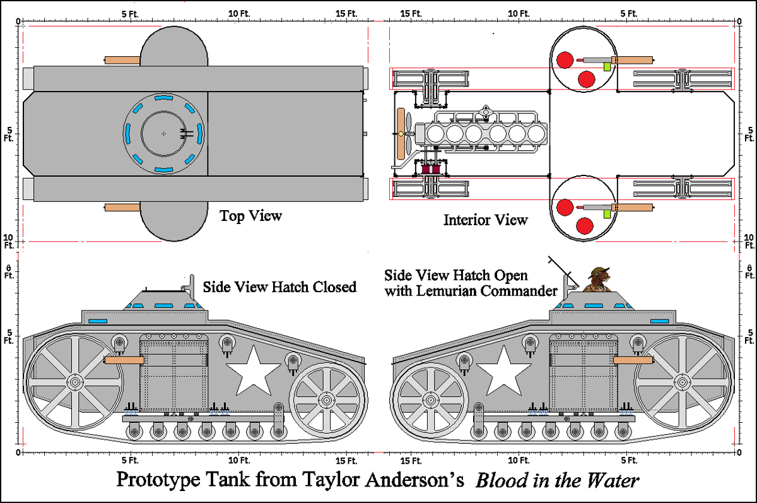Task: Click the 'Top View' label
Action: click(250, 216)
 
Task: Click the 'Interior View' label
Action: click(485, 220)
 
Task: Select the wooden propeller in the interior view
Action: click(400, 134)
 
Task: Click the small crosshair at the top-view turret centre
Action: click(163, 134)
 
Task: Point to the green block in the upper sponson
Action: click(607, 66)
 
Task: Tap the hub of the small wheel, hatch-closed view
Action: click(326, 400)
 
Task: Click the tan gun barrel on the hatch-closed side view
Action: click(122, 360)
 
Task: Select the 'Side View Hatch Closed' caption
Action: click(279, 287)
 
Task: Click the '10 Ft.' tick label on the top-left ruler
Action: click(238, 13)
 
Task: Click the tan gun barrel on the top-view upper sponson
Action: click(122, 60)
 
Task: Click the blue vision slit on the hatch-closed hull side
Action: click(98, 321)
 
